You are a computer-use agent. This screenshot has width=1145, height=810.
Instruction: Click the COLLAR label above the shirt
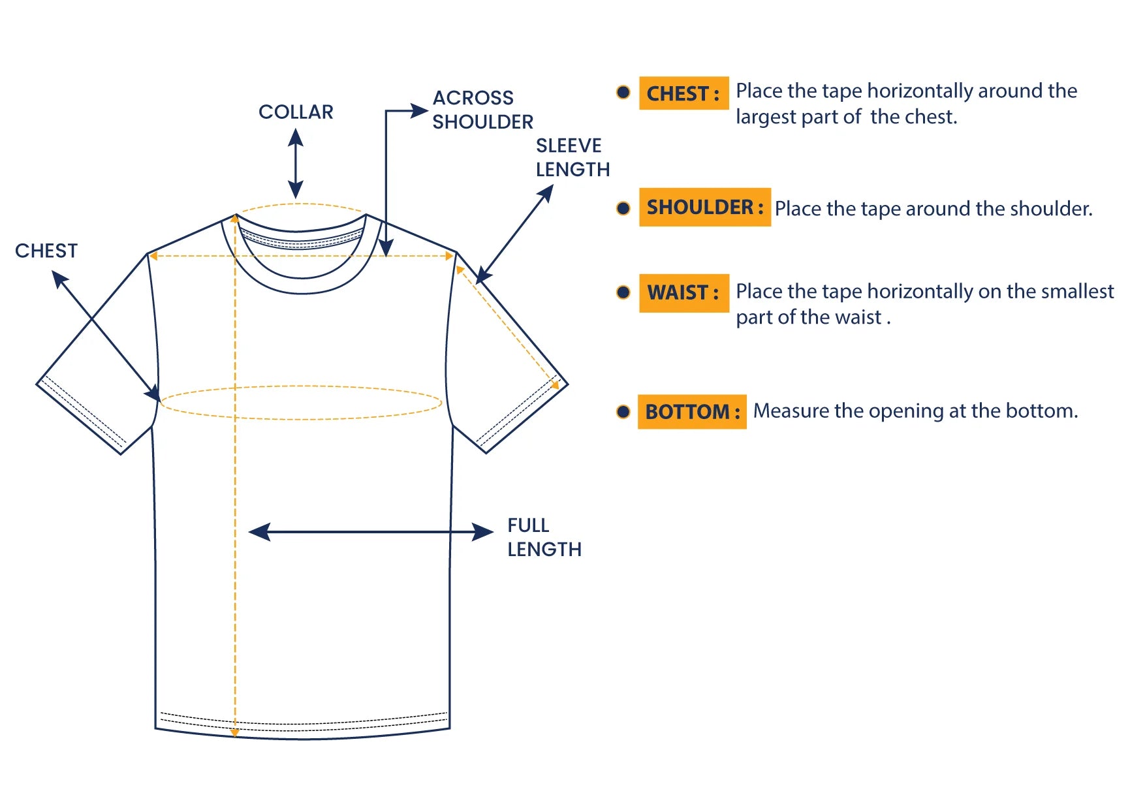click(x=296, y=112)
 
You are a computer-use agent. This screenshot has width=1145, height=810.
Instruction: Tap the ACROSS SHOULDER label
click(x=482, y=110)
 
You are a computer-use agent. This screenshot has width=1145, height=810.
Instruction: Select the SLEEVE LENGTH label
click(x=572, y=157)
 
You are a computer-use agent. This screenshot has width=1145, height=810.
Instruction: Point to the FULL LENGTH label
click(x=544, y=537)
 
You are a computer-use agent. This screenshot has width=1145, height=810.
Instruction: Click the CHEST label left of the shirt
click(x=46, y=251)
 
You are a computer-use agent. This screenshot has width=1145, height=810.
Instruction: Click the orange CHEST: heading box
click(x=683, y=93)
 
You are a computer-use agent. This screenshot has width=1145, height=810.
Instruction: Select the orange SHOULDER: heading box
click(x=705, y=207)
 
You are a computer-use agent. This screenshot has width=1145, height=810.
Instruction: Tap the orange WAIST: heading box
click(x=683, y=293)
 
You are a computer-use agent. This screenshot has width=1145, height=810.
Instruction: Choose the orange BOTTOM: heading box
click(x=692, y=412)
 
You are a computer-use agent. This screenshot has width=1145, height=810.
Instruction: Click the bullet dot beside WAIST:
click(x=623, y=292)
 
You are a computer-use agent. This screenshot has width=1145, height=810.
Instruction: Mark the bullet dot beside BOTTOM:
click(x=623, y=412)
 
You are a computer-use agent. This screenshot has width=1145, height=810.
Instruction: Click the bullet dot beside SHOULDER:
click(x=623, y=208)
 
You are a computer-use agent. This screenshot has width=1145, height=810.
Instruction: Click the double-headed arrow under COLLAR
click(x=296, y=163)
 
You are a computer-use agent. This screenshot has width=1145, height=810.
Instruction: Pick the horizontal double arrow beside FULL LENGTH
click(x=371, y=532)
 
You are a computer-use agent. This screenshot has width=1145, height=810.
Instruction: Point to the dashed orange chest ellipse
click(x=301, y=402)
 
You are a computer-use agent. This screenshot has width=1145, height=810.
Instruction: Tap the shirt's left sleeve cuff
click(x=82, y=414)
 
